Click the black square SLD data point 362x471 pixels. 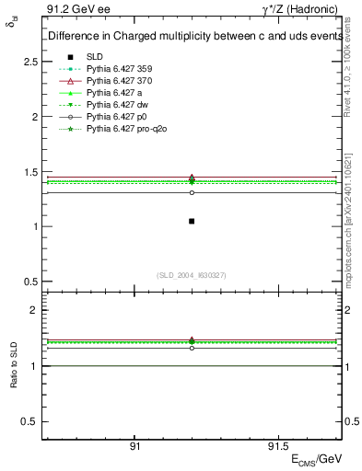[x=192, y=221]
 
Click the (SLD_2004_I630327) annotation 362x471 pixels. [x=191, y=274]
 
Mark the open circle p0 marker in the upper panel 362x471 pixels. [x=192, y=192]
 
